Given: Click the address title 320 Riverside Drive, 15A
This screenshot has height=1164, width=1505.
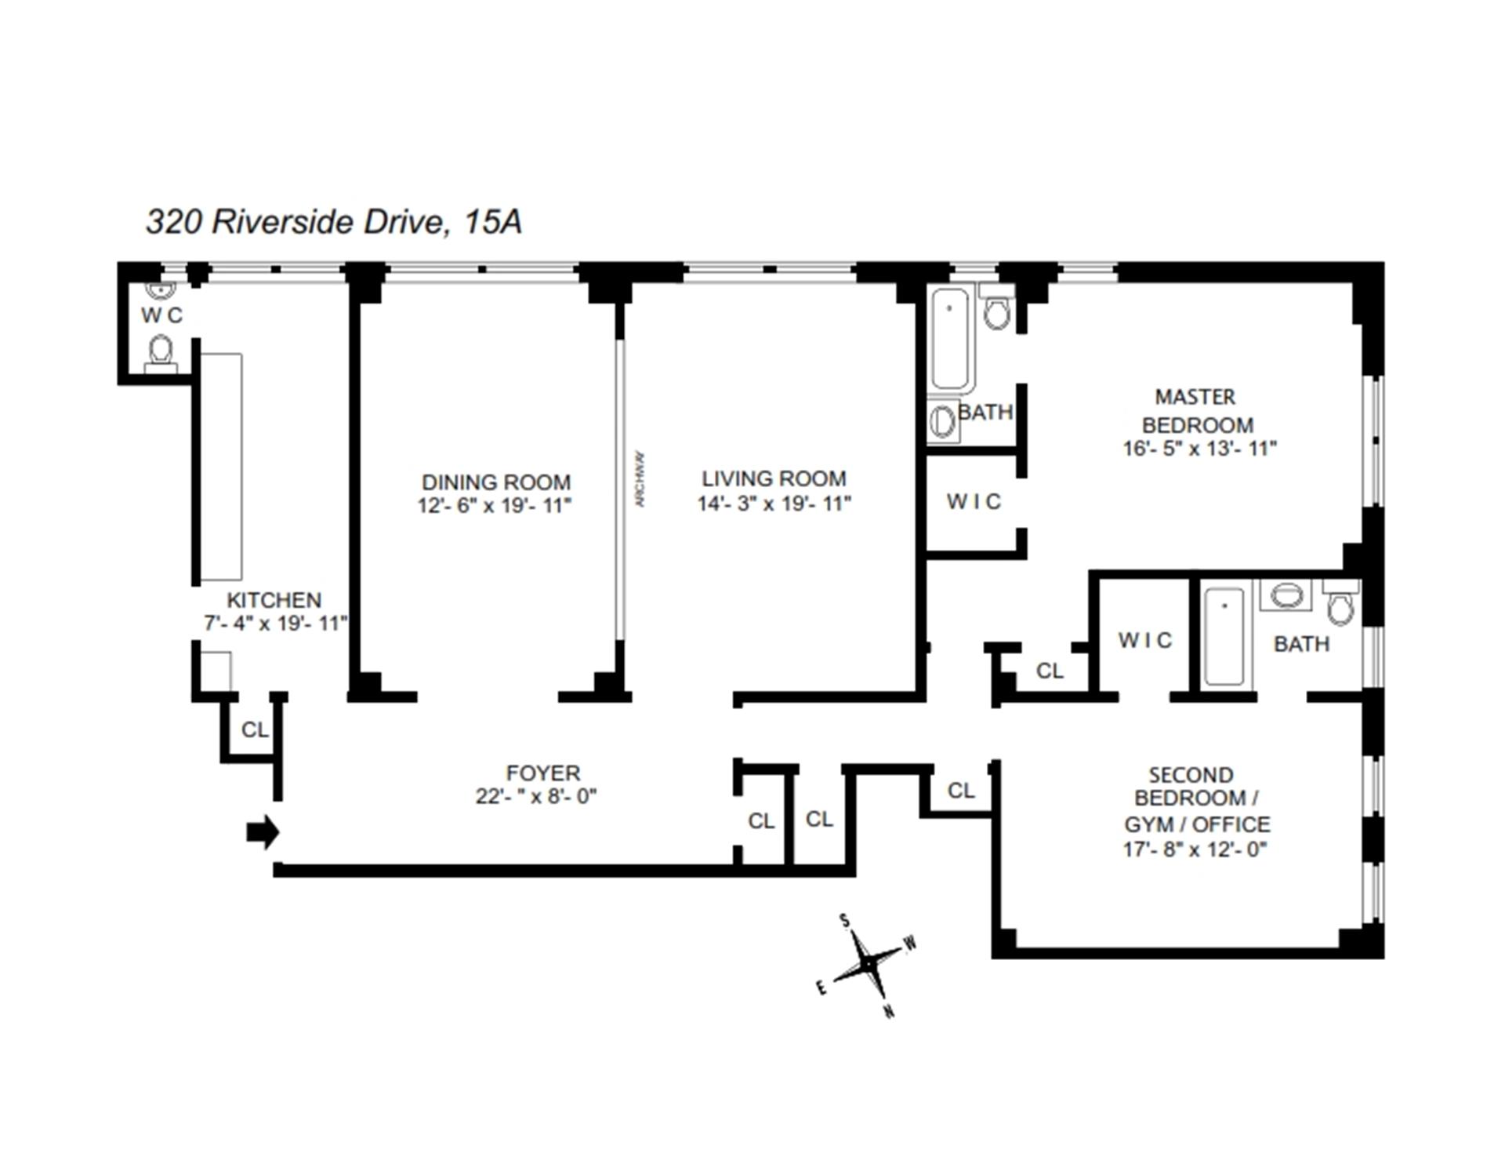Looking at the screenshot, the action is coord(334,222).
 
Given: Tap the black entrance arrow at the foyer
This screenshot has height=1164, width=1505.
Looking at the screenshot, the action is coord(263,832).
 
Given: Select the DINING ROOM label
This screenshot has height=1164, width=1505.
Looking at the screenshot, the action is coord(495,482).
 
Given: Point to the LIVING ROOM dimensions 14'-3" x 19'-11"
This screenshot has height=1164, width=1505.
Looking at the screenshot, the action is coord(774,504).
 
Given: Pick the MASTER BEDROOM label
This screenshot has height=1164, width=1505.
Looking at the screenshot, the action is coord(1196,410).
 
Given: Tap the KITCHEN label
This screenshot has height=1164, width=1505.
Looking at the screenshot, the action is coord(274,600).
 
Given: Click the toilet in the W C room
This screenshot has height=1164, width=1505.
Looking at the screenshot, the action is coord(161,351).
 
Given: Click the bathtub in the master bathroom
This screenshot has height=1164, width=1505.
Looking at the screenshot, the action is coord(950,339).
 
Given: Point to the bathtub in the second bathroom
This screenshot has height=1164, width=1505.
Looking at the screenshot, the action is coord(1224,636).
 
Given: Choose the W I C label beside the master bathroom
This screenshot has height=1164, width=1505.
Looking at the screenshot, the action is coord(974,501).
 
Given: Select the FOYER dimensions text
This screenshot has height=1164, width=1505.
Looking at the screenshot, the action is coord(535,796).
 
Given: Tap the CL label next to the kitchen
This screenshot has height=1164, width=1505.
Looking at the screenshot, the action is coord(254,729).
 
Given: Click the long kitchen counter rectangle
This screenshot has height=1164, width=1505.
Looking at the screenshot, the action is coord(221,467).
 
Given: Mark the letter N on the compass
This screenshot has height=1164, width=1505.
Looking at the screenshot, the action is coord(889,1011).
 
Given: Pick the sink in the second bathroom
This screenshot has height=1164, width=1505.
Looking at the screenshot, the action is coord(1286,595).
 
